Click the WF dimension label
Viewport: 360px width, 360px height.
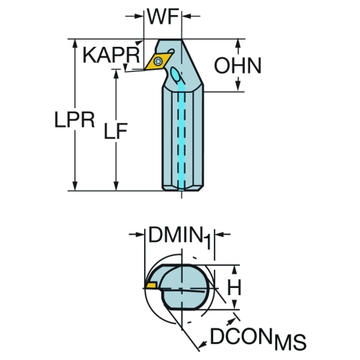point(163,17)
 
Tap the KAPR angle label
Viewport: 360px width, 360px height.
point(111,55)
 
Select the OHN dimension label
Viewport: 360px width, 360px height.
point(238,66)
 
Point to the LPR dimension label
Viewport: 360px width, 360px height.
point(75,120)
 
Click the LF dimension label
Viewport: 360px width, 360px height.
point(116,131)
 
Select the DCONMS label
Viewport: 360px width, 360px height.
point(258,338)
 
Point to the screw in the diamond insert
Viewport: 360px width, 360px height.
point(158,61)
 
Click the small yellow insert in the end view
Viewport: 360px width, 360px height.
point(150,285)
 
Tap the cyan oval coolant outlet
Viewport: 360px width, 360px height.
point(176,75)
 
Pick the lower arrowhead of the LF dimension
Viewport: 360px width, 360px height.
point(116,185)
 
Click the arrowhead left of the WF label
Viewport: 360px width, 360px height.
point(138,17)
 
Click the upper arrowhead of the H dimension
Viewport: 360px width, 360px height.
point(235,271)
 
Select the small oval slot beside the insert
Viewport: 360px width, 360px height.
point(171,51)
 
